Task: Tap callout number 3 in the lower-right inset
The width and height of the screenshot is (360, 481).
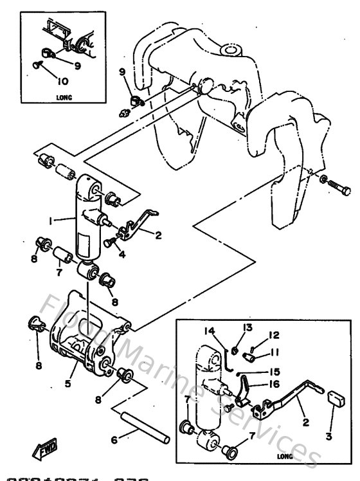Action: click(x=328, y=437)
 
